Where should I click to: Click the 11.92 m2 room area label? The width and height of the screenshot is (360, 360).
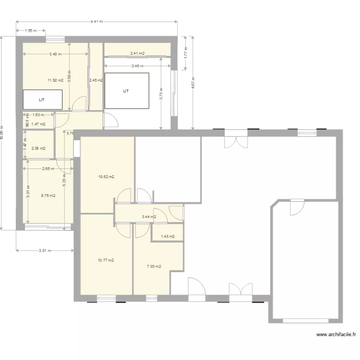[55, 80]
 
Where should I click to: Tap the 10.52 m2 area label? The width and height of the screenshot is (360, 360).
[106, 177]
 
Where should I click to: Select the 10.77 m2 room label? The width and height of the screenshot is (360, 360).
[106, 260]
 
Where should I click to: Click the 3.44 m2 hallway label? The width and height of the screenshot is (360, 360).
[149, 217]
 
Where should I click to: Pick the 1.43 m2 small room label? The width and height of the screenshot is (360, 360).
[168, 236]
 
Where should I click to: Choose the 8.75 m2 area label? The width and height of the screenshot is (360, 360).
[48, 195]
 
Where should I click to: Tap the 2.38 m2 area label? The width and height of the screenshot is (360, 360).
[38, 148]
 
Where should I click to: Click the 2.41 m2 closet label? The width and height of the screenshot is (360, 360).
[137, 53]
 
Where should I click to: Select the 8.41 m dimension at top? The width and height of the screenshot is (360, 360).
[97, 22]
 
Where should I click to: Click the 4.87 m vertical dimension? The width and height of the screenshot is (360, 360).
[193, 83]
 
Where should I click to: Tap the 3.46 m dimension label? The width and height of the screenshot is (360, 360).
[137, 66]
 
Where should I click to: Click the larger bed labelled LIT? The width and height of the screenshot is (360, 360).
[127, 90]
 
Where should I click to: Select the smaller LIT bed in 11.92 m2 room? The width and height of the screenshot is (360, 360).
[43, 100]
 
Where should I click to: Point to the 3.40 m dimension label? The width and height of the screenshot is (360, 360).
[55, 54]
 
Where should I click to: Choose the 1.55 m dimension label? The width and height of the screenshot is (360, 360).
[31, 31]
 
